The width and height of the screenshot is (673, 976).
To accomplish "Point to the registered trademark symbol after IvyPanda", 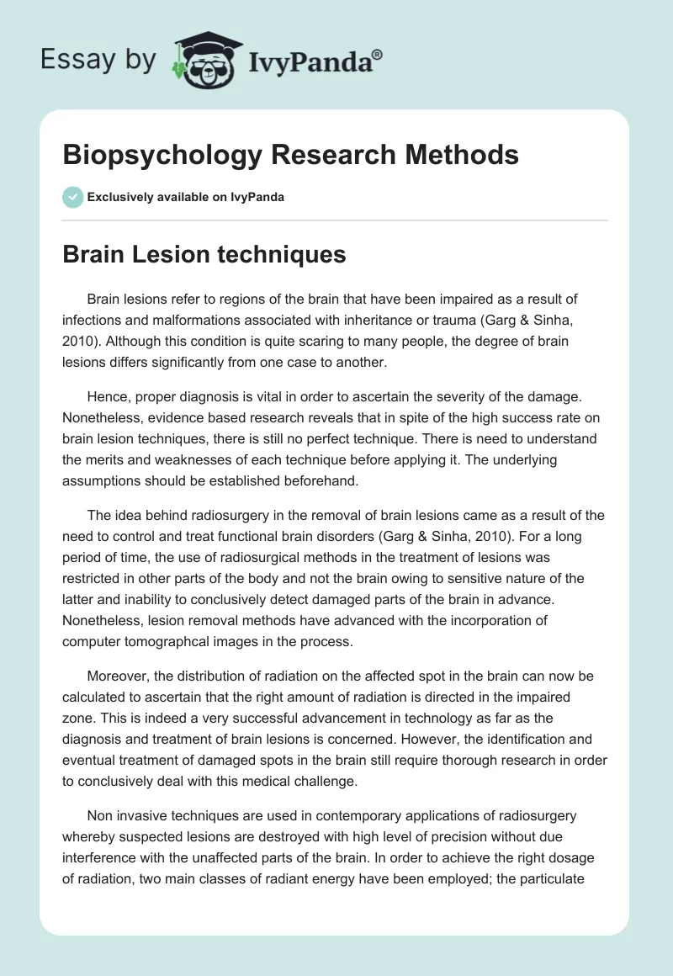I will pos(378,55).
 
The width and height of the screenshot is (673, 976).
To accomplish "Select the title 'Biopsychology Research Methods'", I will pos(290,156).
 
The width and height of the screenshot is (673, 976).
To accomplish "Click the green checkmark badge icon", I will pos(72,197).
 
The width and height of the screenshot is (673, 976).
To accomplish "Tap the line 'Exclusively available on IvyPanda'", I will pos(186,197).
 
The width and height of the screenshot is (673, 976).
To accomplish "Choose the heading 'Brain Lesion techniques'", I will pos(204,255).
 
